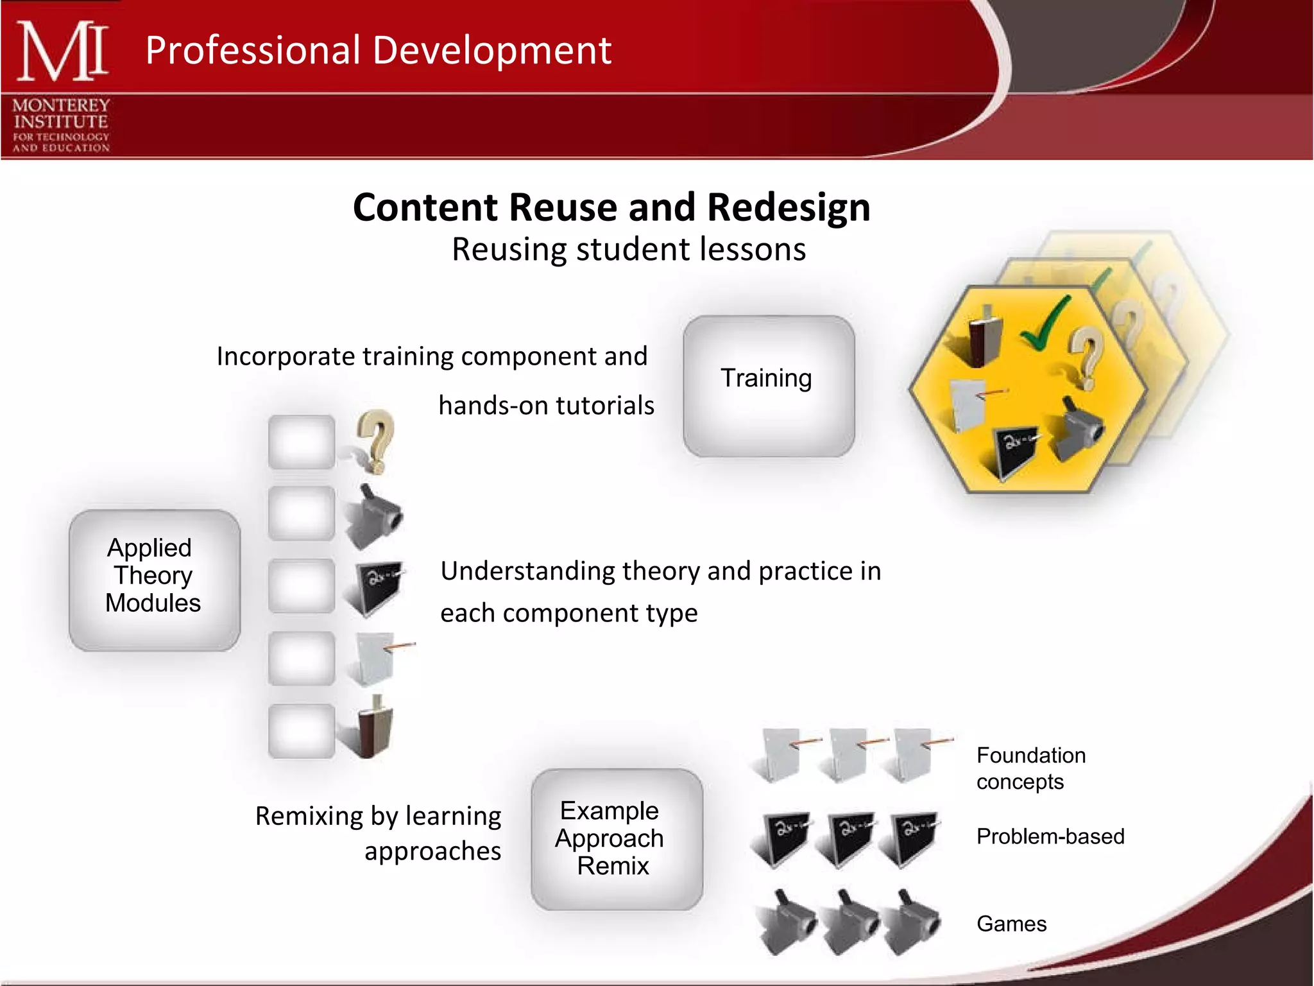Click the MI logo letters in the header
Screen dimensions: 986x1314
tap(62, 51)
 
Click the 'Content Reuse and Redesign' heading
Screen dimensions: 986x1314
tap(611, 207)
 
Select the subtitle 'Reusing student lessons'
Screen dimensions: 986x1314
tap(628, 249)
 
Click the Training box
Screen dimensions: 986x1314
tap(768, 386)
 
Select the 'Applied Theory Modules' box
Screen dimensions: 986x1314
tap(154, 579)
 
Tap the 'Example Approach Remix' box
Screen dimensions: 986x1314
tap(616, 838)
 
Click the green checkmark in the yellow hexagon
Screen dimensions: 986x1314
tap(1046, 324)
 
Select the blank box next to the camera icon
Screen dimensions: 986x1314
tap(302, 514)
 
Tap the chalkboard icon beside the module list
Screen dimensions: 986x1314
tap(375, 585)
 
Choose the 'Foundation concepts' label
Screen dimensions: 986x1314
tap(1030, 768)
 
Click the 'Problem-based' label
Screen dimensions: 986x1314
tap(1050, 836)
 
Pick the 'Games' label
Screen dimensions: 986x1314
tap(1011, 923)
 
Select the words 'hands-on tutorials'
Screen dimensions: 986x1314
tap(546, 406)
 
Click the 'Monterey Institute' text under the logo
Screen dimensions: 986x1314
tap(61, 114)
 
